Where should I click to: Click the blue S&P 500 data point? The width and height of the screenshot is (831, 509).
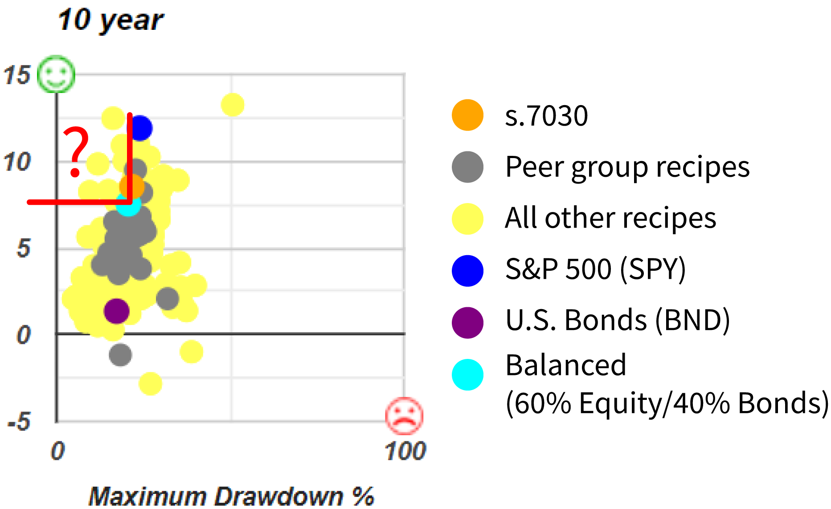coord(140,128)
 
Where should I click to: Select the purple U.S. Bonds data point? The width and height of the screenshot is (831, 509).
coord(117,311)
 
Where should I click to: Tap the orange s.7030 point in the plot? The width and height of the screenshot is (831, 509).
coord(132,187)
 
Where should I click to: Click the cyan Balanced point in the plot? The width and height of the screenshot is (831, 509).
coord(128,204)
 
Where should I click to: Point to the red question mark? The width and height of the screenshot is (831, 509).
coord(77,151)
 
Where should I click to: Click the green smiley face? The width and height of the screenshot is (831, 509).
coord(56,74)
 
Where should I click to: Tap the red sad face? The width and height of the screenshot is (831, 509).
coord(405,415)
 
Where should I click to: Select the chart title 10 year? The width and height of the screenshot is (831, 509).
coord(111,20)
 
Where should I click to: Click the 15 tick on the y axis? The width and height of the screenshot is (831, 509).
coord(17,75)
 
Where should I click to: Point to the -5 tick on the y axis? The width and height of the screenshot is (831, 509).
coord(19,421)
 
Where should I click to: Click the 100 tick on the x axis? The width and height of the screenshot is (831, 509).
coord(405,451)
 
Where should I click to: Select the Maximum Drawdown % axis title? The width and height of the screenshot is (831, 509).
coord(231,496)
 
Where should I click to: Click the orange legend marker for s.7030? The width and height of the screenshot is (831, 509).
coord(467,115)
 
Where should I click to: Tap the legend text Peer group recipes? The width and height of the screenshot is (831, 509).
coord(627,167)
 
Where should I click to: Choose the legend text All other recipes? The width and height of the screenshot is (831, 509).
coord(610,218)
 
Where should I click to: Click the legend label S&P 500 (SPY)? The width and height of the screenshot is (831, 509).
coord(596,269)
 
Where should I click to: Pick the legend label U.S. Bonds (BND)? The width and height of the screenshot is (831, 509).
coord(618,320)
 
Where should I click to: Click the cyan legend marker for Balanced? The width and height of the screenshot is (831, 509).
coord(467,375)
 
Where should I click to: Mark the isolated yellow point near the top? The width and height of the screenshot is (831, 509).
coord(233,105)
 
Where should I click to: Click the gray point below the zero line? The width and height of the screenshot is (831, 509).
coord(120,355)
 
